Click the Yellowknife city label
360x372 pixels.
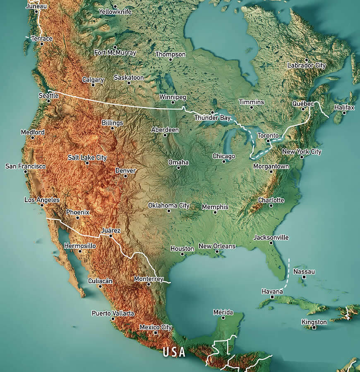115,12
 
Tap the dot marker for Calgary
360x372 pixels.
93,85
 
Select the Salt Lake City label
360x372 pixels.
87,157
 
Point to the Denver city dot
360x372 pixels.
125,176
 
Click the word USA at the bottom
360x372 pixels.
174,352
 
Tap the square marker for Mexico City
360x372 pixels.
156,333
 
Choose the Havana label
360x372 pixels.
272,291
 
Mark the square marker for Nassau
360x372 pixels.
304,277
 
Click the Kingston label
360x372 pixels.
314,322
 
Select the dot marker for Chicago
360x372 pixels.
224,162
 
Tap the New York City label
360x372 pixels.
302,152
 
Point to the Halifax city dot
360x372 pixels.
344,113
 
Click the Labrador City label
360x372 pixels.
307,65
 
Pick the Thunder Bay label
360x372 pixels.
212,118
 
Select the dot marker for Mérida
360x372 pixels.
223,317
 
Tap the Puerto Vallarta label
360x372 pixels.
113,313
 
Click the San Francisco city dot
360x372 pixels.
25,171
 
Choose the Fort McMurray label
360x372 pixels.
115,52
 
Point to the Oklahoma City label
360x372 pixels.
169,205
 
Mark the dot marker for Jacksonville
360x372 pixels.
271,243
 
